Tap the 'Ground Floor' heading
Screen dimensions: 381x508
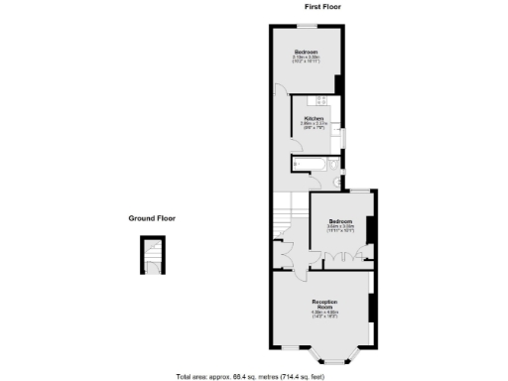[x=152, y=217]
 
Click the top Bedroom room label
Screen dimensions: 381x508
[x=305, y=52]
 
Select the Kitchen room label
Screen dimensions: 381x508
[x=315, y=118]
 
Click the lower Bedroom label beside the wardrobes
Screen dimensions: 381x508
[x=340, y=220]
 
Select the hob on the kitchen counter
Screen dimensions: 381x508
[x=320, y=100]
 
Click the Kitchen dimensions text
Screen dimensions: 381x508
[x=315, y=126]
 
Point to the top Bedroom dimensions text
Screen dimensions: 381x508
[x=305, y=60]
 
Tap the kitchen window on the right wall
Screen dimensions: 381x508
[x=343, y=136]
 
